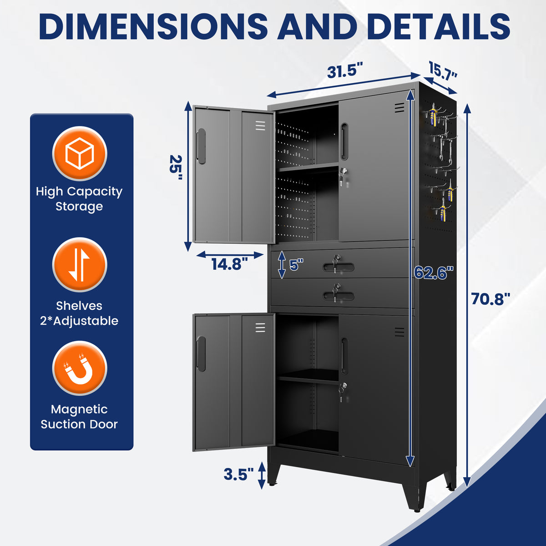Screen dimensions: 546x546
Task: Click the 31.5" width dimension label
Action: [345, 71]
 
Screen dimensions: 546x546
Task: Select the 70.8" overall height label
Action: [491, 299]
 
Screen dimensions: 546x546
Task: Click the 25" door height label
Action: [176, 168]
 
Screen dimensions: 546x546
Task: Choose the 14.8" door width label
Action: [230, 264]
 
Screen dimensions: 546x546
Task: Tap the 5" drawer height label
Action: [296, 265]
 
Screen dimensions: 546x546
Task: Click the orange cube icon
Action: [80, 153]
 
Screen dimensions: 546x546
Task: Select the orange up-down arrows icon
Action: [80, 265]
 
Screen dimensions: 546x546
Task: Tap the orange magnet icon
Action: [80, 369]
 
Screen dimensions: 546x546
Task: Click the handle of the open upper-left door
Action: [201, 146]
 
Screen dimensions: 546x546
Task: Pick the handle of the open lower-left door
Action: [201, 354]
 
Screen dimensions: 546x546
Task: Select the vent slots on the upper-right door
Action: [399, 108]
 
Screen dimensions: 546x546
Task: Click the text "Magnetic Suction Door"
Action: [79, 417]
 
